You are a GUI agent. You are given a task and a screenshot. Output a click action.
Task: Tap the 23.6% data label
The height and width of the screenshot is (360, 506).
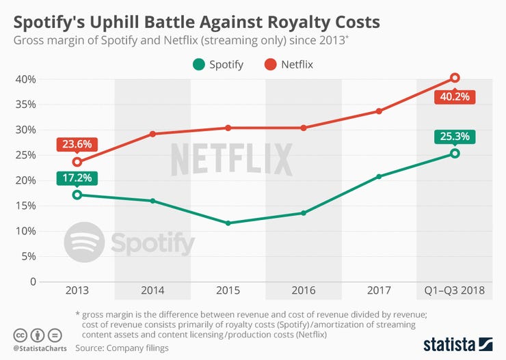coord(77,146)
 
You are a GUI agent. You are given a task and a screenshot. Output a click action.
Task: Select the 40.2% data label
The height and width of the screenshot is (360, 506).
coord(454,96)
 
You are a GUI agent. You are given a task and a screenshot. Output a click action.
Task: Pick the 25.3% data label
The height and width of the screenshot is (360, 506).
coord(454,137)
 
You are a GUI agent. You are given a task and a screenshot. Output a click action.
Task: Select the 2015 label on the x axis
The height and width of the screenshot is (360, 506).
coord(228,290)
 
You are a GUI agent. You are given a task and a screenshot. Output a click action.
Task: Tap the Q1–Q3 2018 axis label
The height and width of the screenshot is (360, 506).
coord(454,290)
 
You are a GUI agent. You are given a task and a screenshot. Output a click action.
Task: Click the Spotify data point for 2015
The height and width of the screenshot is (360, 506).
coord(228,223)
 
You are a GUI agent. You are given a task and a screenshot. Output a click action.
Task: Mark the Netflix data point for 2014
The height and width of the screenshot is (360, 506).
coord(152,134)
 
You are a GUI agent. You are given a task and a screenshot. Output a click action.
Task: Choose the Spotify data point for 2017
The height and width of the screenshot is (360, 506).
coord(379,176)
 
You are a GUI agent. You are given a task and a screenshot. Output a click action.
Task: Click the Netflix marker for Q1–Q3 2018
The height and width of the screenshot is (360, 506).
coord(455,78)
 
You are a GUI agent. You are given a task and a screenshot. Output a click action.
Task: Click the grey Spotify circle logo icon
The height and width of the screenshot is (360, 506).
coord(84,243)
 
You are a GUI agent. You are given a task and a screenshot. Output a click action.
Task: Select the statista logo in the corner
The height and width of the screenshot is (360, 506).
coord(458,344)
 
